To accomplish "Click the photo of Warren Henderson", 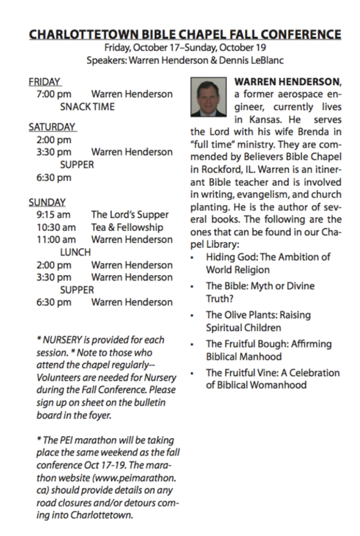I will coord(208,97).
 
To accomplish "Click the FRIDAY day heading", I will coord(44,82).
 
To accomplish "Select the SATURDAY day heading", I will coord(52,126).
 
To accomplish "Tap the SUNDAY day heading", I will coord(47,202).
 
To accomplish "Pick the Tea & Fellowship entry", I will coord(127,227).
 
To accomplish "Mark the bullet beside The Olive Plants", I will coord(194,315).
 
